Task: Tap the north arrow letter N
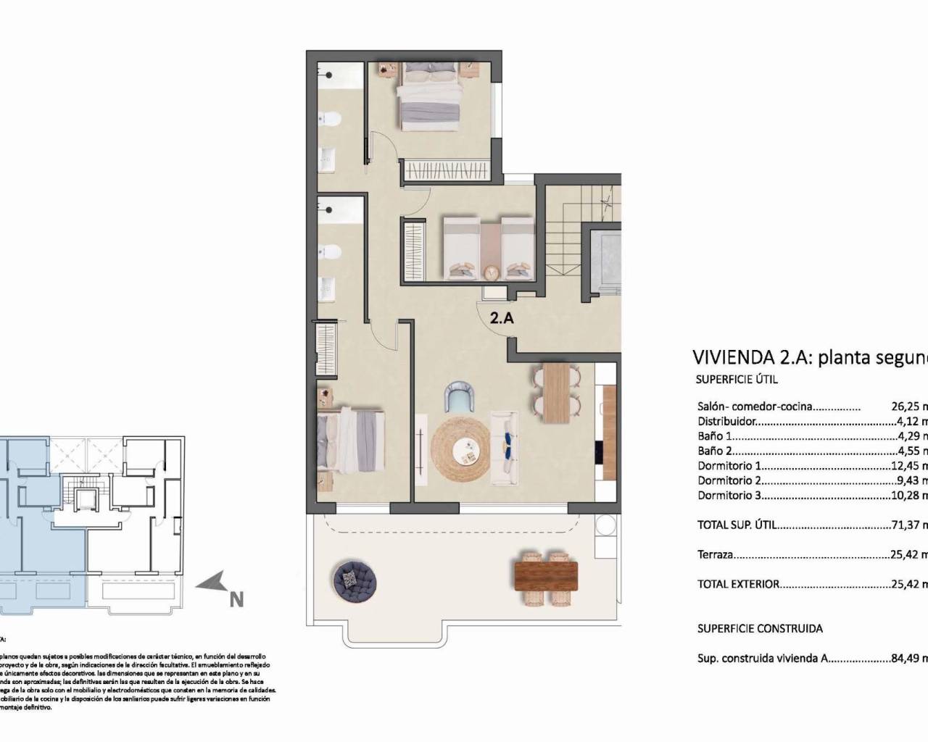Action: (236, 579)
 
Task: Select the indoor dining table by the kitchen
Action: (556, 392)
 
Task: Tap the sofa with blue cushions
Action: (505, 449)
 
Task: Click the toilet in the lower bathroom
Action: (330, 253)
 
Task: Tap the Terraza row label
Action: (715, 555)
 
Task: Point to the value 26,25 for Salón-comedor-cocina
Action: (905, 407)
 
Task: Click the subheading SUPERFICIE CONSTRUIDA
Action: (760, 628)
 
